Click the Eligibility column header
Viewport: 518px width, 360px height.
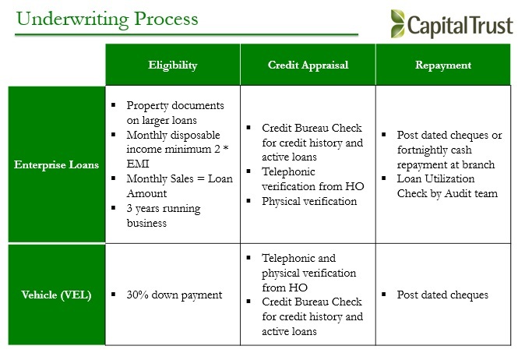pyautogui.click(x=173, y=65)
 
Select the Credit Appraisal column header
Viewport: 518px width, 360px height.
pyautogui.click(x=308, y=65)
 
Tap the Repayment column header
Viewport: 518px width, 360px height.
pyautogui.click(x=443, y=65)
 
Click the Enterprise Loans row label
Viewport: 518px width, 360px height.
pyautogui.click(x=57, y=164)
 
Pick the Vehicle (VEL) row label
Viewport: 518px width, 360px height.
pyautogui.click(x=57, y=295)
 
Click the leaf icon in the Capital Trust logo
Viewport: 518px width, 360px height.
pyautogui.click(x=397, y=23)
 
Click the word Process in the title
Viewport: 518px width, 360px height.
pyautogui.click(x=166, y=19)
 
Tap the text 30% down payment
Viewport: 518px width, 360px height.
pyautogui.click(x=174, y=295)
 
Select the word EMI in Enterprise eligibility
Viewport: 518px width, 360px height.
pyautogui.click(x=138, y=164)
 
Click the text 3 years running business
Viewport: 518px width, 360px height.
pyautogui.click(x=164, y=216)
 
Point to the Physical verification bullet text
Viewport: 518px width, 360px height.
pyautogui.click(x=309, y=201)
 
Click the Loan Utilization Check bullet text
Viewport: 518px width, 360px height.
pyautogui.click(x=447, y=185)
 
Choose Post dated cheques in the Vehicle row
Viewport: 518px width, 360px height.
pyautogui.click(x=442, y=295)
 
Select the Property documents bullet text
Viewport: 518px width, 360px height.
pyautogui.click(x=175, y=113)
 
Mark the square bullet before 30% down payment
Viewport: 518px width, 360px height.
pyautogui.click(x=113, y=295)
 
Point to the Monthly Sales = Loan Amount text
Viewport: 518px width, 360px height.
pyautogui.click(x=179, y=185)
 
